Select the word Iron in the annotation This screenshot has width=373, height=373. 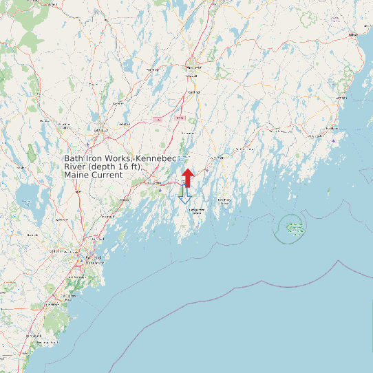click(96, 158)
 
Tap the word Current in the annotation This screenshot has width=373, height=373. click(107, 175)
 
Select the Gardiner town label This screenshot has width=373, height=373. click(194, 91)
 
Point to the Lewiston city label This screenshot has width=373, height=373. click(102, 129)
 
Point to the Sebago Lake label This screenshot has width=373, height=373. click(26, 202)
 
